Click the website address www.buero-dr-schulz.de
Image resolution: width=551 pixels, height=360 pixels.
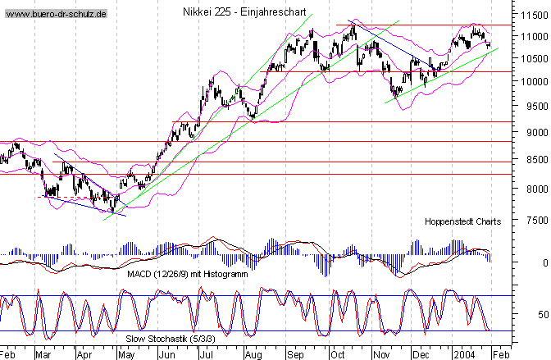(55, 15)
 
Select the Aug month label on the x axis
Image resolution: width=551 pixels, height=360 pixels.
(253, 353)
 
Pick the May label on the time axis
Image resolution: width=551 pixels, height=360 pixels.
(127, 353)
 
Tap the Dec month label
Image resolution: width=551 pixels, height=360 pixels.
(421, 353)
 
